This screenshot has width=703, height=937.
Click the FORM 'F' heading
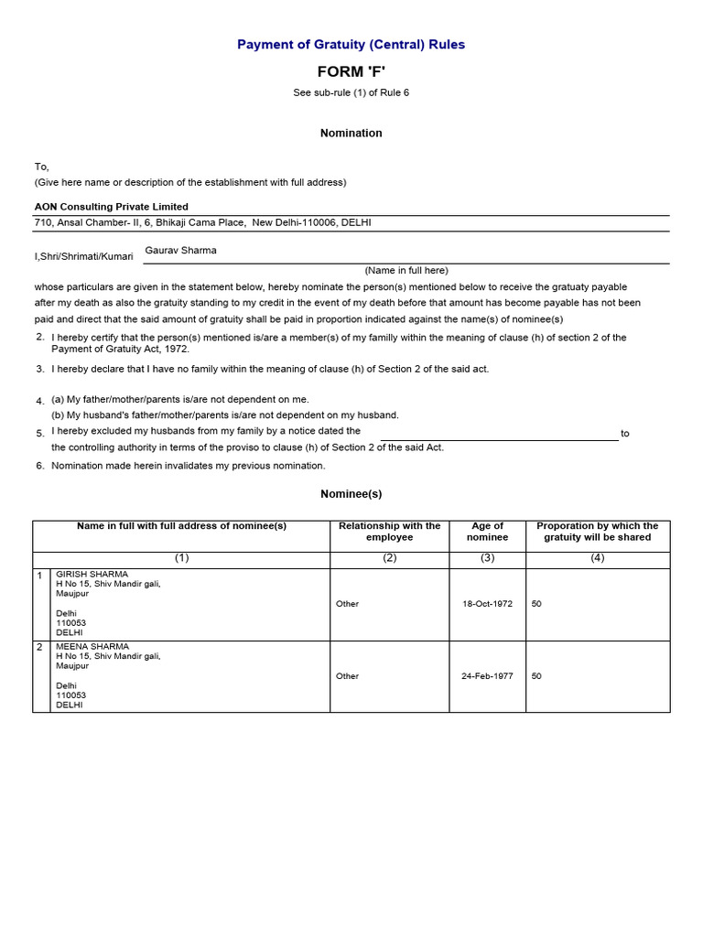coord(351,72)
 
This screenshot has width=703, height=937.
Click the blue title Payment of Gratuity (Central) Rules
coord(351,44)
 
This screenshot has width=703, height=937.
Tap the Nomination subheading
coord(351,133)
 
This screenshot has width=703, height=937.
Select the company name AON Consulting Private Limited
coord(112,207)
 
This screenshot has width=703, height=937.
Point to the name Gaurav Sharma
coord(181,250)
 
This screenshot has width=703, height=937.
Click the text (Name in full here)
coord(406,270)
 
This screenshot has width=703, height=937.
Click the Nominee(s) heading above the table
coord(351,493)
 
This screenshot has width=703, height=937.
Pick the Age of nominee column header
coord(487,532)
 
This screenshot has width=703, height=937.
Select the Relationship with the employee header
coord(389,532)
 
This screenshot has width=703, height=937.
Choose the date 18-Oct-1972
coord(487,604)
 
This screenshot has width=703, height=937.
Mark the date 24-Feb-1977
coord(487,676)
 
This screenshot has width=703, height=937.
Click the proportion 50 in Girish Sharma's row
coord(536,604)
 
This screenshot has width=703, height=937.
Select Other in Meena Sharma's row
coord(347,676)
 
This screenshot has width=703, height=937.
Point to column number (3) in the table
coord(487,558)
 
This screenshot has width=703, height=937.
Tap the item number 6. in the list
coord(40,465)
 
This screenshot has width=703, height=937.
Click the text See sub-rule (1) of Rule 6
coord(351,92)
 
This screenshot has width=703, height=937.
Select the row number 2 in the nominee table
coord(39,647)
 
